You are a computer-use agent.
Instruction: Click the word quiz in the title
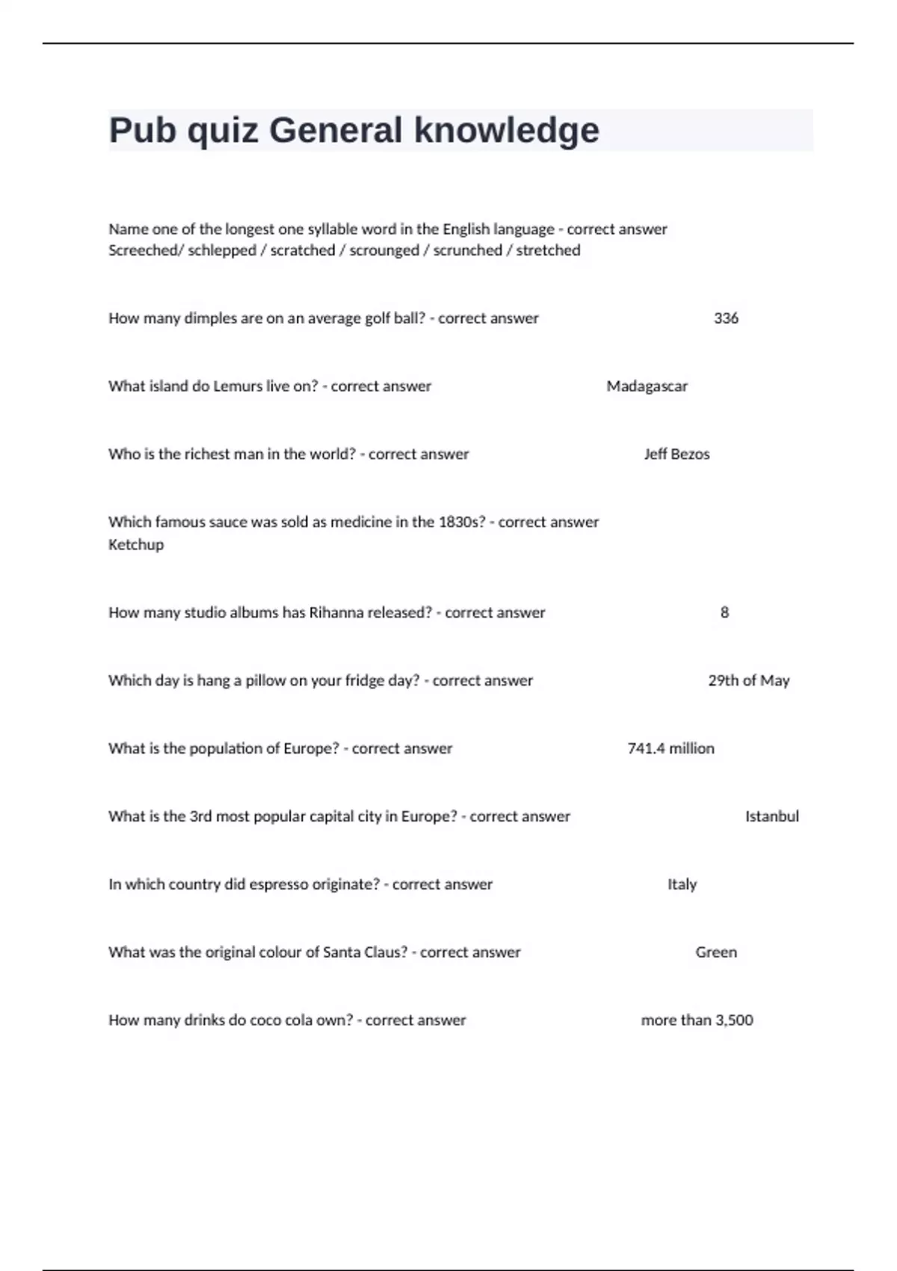tap(222, 132)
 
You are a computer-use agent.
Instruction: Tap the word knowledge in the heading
tap(506, 130)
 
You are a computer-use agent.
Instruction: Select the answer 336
tap(726, 318)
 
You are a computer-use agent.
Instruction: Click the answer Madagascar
tap(647, 387)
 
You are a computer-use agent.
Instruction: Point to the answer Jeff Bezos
tap(676, 455)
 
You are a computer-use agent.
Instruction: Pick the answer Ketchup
tap(136, 545)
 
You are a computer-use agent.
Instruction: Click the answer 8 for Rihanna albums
tap(724, 613)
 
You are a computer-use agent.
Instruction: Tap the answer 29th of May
tap(748, 681)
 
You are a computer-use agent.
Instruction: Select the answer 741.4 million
tap(671, 749)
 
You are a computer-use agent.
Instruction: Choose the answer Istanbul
tap(771, 817)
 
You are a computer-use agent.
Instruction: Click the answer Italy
tap(682, 884)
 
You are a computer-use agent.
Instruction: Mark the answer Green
tap(716, 953)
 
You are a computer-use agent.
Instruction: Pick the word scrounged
tap(384, 250)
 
